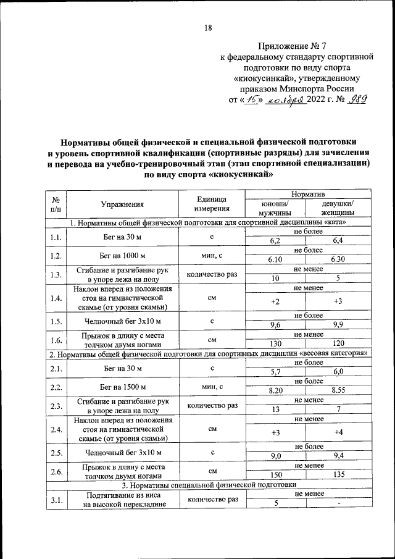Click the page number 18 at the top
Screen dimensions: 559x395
208,27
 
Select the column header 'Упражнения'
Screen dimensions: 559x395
122,204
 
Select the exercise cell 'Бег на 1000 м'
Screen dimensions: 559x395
122,255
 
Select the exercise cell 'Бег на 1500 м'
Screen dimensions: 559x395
122,387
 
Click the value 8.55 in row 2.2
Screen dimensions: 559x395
338,390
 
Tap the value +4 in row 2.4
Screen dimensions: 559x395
338,432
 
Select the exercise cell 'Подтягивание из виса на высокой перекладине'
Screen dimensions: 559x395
122,500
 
